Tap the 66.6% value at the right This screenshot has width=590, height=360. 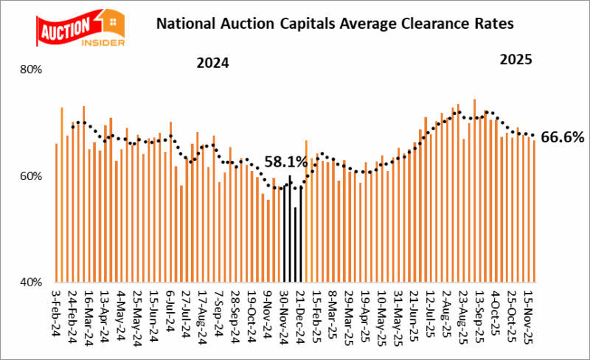click(562, 136)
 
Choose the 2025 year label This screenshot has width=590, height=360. click(516, 59)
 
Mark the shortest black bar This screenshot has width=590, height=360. click(295, 244)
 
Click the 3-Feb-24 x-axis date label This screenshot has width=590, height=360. click(57, 311)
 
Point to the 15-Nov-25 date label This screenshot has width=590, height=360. click(529, 314)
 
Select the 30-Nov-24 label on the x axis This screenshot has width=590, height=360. click(284, 314)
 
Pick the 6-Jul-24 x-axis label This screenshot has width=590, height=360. click(170, 310)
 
